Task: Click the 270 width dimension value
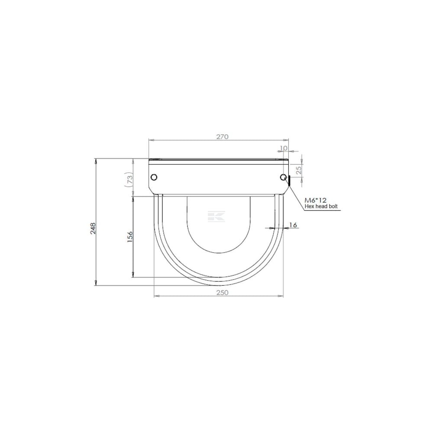222,137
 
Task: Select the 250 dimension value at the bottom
222,293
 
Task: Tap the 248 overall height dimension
93,228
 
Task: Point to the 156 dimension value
130,237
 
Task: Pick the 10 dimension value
284,148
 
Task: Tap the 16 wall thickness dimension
293,225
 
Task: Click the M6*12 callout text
315,200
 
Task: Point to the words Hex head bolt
321,206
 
